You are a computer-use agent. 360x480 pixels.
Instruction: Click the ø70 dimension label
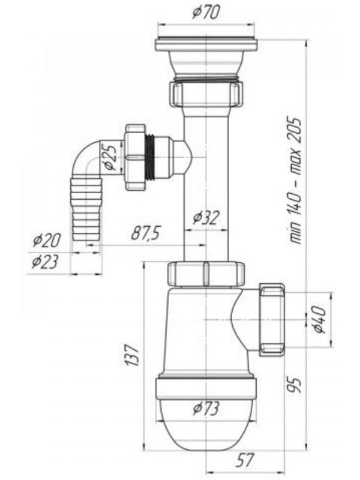pos(206,13)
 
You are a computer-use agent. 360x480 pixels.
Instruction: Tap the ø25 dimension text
pos(110,157)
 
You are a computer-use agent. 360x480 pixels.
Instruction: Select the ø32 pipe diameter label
pos(206,218)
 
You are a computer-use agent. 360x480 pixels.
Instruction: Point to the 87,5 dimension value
pos(146,233)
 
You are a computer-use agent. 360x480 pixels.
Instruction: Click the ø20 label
pos(47,241)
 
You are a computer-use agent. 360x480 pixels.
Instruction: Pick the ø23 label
pos(45,262)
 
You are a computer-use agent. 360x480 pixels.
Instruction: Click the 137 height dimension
pos(133,355)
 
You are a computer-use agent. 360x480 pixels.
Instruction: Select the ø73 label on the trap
pos(206,409)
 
